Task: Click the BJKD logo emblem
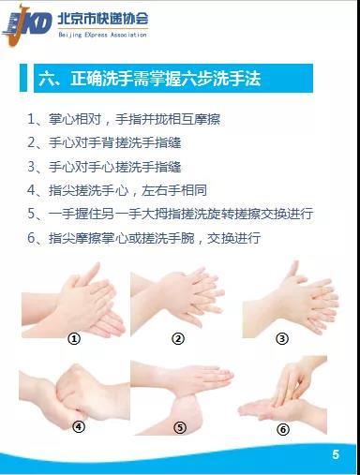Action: point(27,25)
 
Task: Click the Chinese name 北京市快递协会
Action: point(103,19)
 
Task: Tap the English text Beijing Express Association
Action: point(102,35)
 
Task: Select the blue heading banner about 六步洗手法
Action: point(173,78)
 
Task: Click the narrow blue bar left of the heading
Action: point(23,78)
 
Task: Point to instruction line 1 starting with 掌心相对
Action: point(124,119)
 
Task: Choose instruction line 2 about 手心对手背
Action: point(104,142)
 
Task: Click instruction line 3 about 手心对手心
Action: point(104,167)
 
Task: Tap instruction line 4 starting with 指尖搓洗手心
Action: point(117,190)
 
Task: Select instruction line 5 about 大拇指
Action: point(171,214)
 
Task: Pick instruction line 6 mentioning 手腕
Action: point(143,238)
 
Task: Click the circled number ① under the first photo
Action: point(74,338)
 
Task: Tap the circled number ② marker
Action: point(178,338)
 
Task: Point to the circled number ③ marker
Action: point(282,338)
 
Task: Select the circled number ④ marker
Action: point(79,426)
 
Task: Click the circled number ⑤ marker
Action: point(180,427)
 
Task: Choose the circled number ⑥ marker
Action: point(283,429)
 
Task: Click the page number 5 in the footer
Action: point(336,454)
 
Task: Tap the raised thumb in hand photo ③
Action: point(292,269)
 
